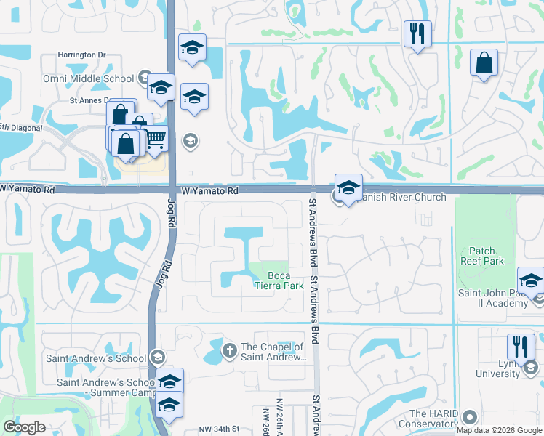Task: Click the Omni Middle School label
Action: pos(95,78)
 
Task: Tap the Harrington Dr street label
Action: pos(82,54)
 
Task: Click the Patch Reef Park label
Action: pos(481,256)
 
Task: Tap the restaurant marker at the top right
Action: pos(417,33)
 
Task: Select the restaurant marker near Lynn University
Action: pos(521,347)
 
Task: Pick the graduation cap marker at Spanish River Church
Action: pos(348,186)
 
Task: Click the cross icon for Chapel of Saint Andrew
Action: pos(230,351)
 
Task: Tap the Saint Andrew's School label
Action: pos(95,358)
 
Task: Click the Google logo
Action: pos(23,427)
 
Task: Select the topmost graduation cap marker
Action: pos(192,48)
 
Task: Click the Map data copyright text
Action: pos(500,431)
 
